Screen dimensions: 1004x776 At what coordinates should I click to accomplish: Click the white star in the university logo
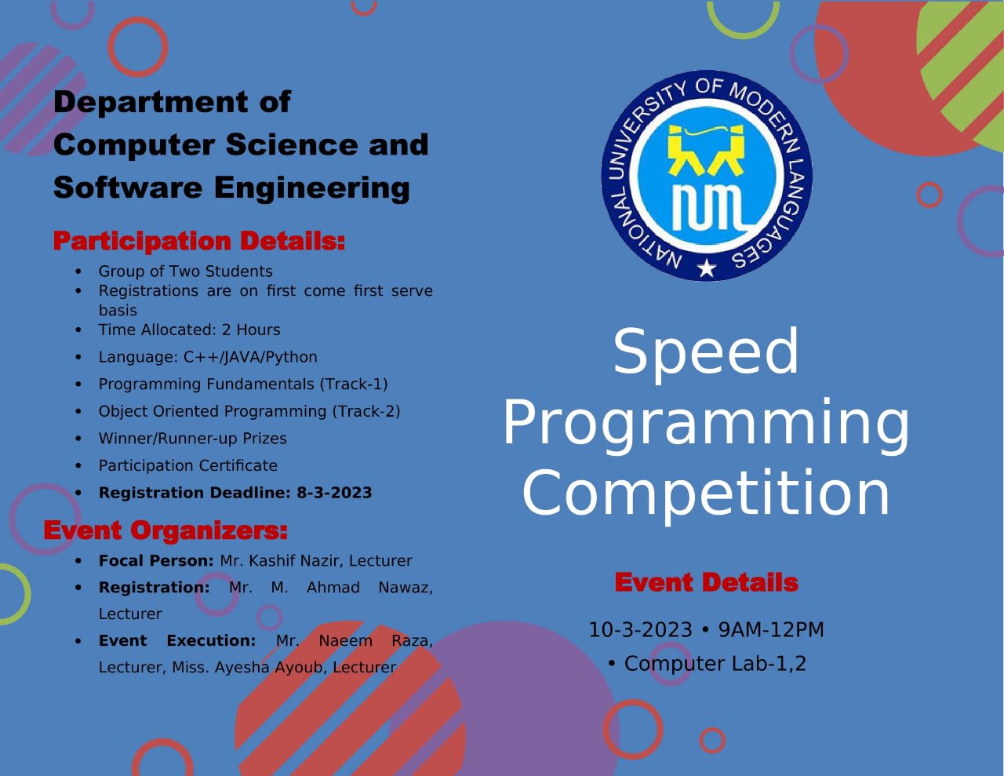707,268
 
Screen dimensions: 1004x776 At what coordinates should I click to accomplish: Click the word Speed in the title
705,352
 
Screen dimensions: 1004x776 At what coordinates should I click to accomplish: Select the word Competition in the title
705,494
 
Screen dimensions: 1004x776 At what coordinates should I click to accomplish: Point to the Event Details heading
707,582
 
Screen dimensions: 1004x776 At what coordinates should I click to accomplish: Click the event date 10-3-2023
640,629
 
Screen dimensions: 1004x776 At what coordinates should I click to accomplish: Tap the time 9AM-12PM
771,629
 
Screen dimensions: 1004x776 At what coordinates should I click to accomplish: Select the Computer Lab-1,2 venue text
715,664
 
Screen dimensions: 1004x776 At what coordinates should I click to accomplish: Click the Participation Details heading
199,241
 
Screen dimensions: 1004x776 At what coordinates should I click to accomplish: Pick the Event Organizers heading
166,530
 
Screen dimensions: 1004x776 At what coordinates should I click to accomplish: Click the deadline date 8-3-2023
334,493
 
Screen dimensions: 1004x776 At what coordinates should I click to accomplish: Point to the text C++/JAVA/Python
250,357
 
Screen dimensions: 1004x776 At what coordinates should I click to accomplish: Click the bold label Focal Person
156,561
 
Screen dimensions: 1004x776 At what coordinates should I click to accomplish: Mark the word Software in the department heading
128,188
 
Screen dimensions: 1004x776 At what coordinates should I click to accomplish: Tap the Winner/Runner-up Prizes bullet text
193,439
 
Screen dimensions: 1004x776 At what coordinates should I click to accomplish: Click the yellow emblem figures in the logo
706,150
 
